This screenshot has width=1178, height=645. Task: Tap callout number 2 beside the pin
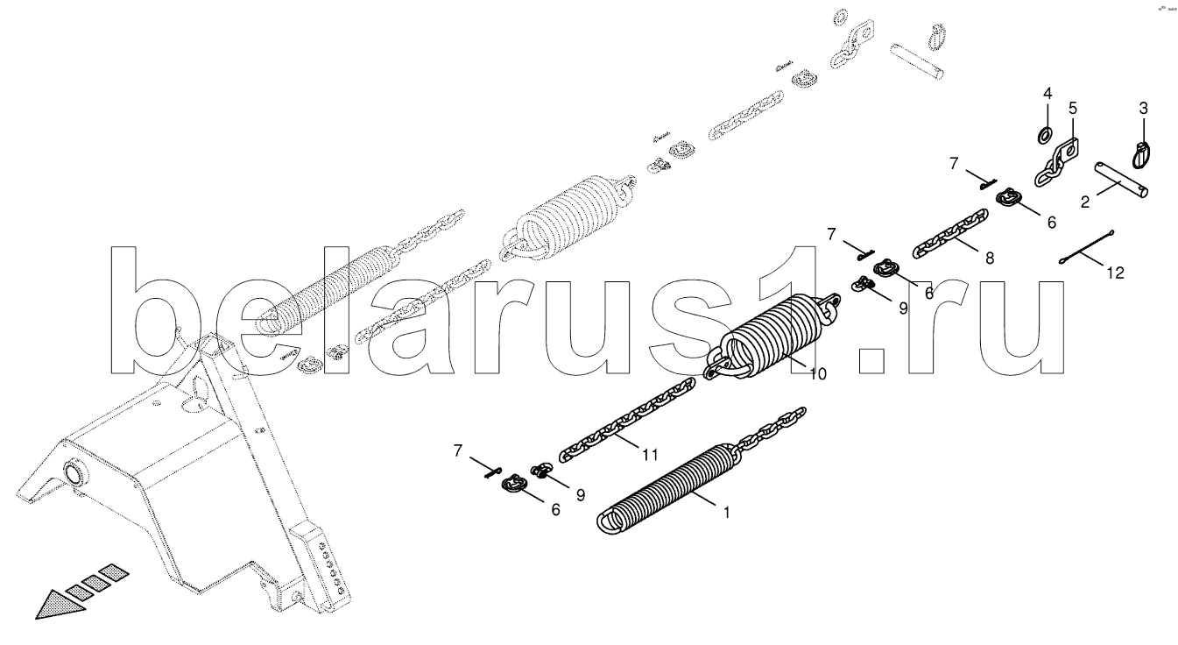[1084, 202]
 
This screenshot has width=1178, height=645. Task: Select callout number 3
[1142, 108]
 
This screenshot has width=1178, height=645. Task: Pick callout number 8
[989, 259]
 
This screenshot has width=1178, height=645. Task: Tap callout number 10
[817, 374]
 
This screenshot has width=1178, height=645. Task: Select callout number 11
[648, 454]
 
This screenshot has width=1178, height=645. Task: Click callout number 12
[1114, 273]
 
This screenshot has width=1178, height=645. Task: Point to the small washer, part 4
[1044, 135]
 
